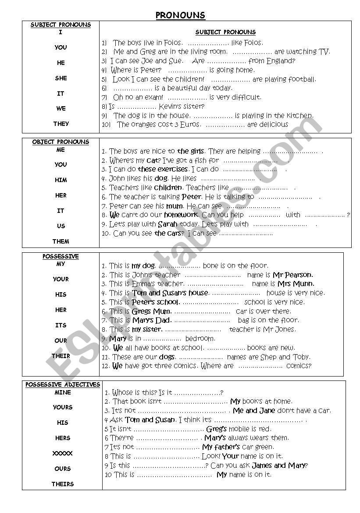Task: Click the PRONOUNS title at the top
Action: pyautogui.click(x=180, y=15)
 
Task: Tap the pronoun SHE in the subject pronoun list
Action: pyautogui.click(x=61, y=78)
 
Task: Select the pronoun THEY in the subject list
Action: pyautogui.click(x=61, y=124)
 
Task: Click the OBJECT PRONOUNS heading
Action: pyautogui.click(x=61, y=142)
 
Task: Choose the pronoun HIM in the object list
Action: pyautogui.click(x=61, y=180)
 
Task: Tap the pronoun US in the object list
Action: pyautogui.click(x=61, y=226)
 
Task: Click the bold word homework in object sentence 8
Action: pyautogui.click(x=181, y=215)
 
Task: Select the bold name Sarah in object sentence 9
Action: pyautogui.click(x=168, y=224)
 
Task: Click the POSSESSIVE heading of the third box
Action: pyautogui.click(x=61, y=256)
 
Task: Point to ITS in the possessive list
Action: pyautogui.click(x=61, y=325)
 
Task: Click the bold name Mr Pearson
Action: pyautogui.click(x=293, y=275)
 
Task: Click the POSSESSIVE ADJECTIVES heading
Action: pyautogui.click(x=63, y=384)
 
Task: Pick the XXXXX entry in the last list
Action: pyautogui.click(x=63, y=453)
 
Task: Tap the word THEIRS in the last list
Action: pyautogui.click(x=63, y=484)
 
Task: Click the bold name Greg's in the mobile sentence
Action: pyautogui.click(x=216, y=429)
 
